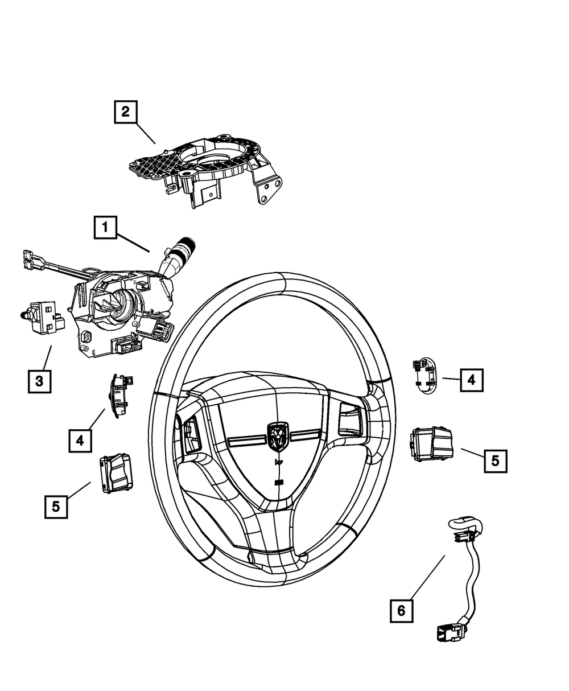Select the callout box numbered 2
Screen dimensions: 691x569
[x=125, y=111]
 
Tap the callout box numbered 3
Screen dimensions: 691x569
[x=39, y=381]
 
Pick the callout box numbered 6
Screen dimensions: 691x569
[x=402, y=610]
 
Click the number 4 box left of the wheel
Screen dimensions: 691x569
[x=80, y=440]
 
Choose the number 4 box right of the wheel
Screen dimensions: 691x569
[x=472, y=379]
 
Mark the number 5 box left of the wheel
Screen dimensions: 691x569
[x=56, y=506]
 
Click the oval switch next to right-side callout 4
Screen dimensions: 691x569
[x=424, y=375]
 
